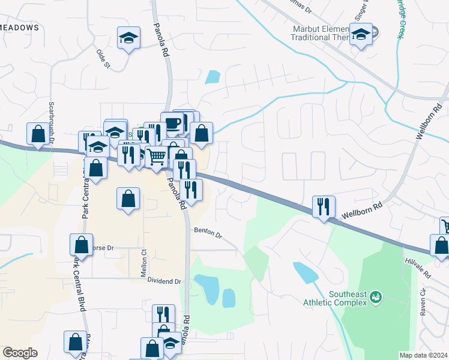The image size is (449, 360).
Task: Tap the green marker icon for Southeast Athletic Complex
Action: pyautogui.click(x=376, y=297)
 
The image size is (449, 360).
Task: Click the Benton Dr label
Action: pyautogui.click(x=208, y=233)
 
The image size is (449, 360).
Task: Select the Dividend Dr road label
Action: pyautogui.click(x=164, y=281)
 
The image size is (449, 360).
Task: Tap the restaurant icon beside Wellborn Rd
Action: pyautogui.click(x=324, y=207)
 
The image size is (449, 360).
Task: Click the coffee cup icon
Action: pyautogui.click(x=172, y=124)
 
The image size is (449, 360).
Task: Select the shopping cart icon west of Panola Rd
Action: pyautogui.click(x=156, y=157)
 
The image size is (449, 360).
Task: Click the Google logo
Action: pyautogui.click(x=20, y=353)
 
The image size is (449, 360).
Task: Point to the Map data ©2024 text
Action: pyautogui.click(x=423, y=355)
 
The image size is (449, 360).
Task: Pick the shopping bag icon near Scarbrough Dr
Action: pyautogui.click(x=38, y=134)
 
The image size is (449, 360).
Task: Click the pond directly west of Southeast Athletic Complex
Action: pyautogui.click(x=306, y=272)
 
